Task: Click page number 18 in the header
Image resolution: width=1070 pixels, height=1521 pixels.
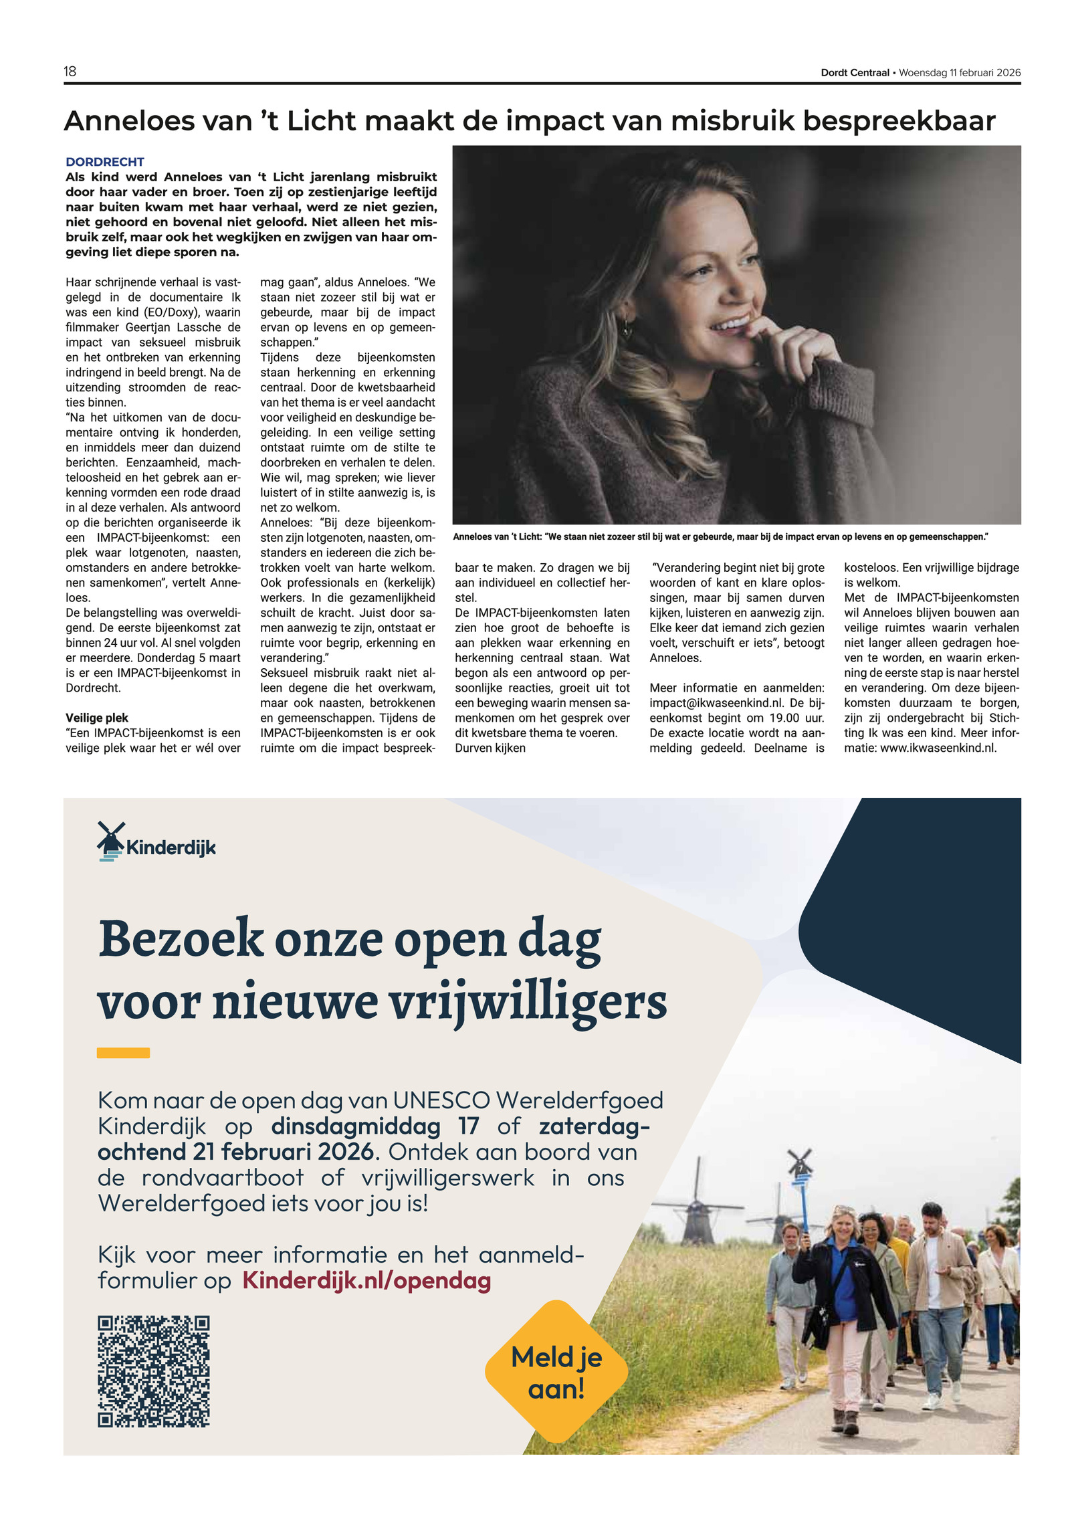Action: click(x=70, y=72)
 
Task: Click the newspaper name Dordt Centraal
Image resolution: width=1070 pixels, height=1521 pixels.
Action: click(x=855, y=73)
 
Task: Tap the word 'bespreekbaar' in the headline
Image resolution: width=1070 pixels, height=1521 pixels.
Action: click(x=898, y=121)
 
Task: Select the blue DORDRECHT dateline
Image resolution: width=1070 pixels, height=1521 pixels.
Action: click(x=104, y=162)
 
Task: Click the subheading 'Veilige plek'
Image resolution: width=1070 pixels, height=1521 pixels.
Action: click(x=97, y=718)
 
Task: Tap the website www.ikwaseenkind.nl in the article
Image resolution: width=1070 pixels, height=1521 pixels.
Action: click(x=938, y=748)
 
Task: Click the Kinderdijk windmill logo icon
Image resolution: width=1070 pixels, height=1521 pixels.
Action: click(x=110, y=841)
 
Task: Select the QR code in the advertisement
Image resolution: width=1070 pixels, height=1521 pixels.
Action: click(x=154, y=1371)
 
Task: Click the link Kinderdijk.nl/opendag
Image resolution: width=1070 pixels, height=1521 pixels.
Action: click(x=366, y=1280)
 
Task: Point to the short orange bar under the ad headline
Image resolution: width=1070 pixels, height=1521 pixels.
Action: click(x=123, y=1053)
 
